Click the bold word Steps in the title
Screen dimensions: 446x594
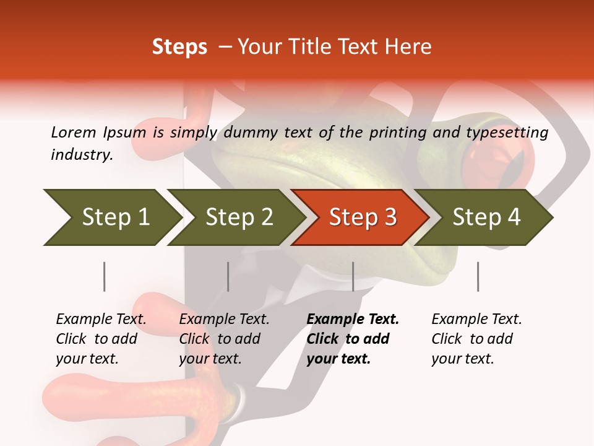point(179,47)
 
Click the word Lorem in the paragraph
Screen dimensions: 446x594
point(72,132)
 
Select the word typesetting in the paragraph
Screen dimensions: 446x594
point(511,133)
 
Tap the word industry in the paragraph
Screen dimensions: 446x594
point(81,155)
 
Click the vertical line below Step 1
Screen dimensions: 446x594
point(104,276)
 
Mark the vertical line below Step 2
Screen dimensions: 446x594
point(228,276)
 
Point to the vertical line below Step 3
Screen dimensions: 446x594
point(353,276)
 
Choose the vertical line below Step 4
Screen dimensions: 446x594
point(478,276)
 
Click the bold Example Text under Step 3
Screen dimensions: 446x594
point(353,320)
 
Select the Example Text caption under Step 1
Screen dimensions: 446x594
point(101,320)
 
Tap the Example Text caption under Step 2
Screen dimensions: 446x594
point(224,320)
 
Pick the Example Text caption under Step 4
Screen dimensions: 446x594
point(476,320)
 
